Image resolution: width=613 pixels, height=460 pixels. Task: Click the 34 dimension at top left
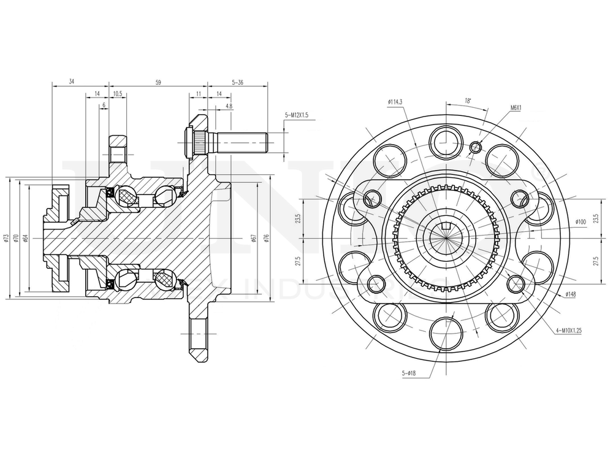72,82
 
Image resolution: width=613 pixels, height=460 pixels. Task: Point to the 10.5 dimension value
118,94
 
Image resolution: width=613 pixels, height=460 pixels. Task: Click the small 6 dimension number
104,105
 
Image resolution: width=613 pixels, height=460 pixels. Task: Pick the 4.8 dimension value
229,106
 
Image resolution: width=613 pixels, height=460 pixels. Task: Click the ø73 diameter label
6,237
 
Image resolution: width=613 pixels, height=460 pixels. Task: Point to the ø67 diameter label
253,237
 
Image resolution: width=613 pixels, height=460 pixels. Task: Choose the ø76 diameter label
267,237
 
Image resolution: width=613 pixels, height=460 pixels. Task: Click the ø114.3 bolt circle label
395,102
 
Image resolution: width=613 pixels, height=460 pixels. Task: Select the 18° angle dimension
468,99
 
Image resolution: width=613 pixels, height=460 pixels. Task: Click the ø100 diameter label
581,221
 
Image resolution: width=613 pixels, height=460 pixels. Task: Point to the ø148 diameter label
570,294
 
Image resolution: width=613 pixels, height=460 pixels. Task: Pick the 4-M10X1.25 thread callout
568,331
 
